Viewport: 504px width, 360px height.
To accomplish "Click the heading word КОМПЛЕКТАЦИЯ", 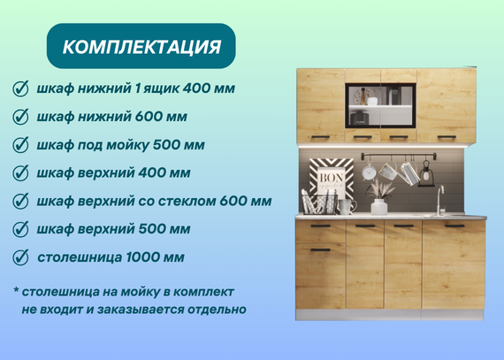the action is (141, 47).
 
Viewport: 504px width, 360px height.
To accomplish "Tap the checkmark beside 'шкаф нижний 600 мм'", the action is (20, 117).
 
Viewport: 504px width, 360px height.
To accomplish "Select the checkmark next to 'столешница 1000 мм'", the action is (20, 257).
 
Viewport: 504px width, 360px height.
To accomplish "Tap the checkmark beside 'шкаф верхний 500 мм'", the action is (20, 229).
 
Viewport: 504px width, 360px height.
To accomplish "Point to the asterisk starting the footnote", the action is (16, 290).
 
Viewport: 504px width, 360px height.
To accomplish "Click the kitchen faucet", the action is (439, 200).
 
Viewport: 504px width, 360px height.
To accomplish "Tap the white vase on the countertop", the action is (379, 207).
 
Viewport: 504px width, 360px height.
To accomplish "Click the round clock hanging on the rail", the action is (369, 172).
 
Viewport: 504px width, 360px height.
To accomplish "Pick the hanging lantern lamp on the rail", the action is (426, 174).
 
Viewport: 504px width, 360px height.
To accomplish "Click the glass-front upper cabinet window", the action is (380, 105).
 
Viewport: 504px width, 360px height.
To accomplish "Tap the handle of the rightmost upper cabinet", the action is (447, 137).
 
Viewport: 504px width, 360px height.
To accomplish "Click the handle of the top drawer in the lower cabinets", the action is (320, 226).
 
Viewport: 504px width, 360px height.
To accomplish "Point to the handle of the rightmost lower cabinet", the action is (454, 226).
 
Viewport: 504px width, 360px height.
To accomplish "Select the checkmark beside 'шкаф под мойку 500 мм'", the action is (20, 145).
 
